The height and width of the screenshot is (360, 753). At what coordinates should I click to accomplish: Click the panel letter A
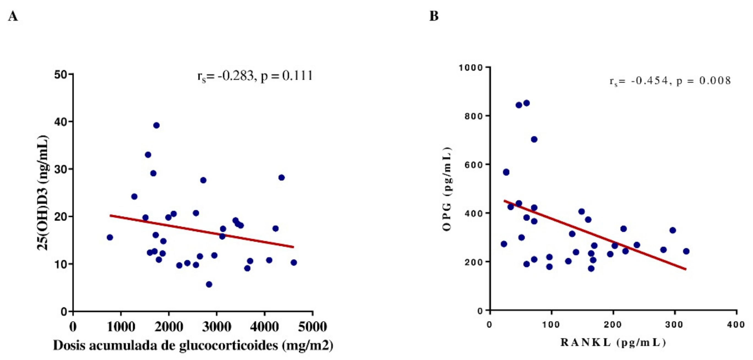click(x=13, y=16)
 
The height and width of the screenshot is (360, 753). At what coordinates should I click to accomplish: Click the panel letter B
click(x=434, y=16)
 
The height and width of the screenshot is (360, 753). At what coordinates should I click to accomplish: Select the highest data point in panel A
click(x=156, y=125)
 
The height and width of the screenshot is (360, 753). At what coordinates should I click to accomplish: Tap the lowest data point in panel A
click(x=209, y=284)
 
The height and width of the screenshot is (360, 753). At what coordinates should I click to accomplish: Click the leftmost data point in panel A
click(x=110, y=237)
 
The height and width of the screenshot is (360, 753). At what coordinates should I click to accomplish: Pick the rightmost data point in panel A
click(x=294, y=262)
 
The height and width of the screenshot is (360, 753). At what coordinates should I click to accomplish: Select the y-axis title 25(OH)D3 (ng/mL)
click(x=43, y=193)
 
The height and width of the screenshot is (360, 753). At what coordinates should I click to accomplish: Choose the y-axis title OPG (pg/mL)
click(x=447, y=189)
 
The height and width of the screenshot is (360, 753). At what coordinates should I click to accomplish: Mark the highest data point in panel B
click(x=527, y=103)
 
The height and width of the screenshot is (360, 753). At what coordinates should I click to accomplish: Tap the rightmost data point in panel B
click(x=686, y=251)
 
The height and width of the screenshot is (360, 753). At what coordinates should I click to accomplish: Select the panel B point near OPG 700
click(x=534, y=139)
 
